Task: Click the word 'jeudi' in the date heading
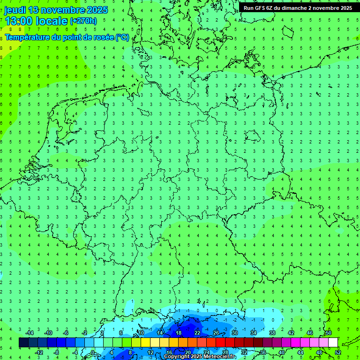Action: coord(15,10)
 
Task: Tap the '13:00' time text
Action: coord(19,21)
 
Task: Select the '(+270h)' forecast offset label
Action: coord(83,21)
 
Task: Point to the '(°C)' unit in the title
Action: coord(122,37)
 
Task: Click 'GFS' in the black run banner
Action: coord(262,8)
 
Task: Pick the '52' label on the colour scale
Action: coord(338,352)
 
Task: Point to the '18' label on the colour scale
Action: coord(179,333)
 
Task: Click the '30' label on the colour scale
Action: coord(235,333)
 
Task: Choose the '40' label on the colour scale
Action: coord(282,352)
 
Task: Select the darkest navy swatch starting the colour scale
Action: coord(23,343)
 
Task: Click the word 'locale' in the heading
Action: coord(53,21)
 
